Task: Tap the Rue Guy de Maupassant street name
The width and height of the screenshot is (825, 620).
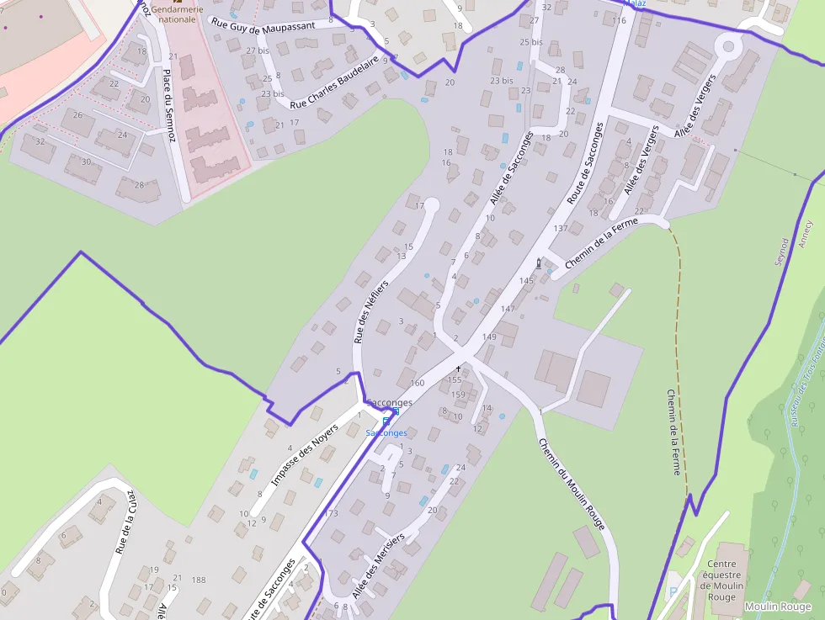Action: (x=263, y=25)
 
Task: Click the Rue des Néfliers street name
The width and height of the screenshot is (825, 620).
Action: (x=368, y=312)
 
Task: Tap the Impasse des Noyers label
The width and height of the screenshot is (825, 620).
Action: (x=304, y=455)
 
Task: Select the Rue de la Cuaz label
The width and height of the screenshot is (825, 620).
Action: (x=123, y=522)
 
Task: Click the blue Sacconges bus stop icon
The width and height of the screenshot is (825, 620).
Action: (x=386, y=420)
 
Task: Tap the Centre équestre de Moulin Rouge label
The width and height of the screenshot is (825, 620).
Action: (x=726, y=580)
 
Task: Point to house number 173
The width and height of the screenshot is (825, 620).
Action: (x=330, y=513)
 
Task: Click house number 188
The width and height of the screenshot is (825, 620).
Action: (x=199, y=580)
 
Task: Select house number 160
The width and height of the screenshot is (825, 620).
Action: (x=417, y=383)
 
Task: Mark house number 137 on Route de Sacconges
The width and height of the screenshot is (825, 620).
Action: (x=561, y=229)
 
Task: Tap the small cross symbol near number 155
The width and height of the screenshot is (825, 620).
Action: (x=459, y=368)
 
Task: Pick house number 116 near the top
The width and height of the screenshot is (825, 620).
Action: (x=620, y=20)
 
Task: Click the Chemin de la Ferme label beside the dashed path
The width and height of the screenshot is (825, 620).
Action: (x=673, y=432)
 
